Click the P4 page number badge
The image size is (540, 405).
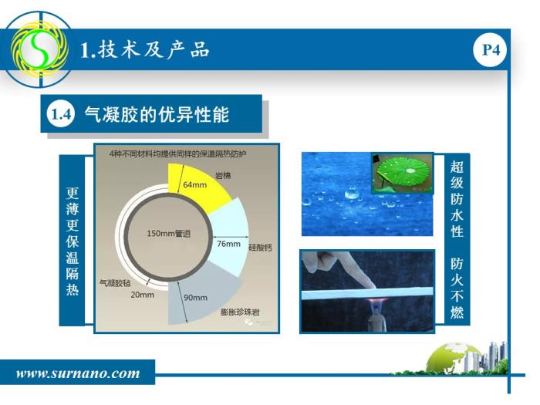click(491, 50)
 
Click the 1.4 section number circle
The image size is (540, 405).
click(61, 114)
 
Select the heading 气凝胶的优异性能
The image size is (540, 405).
click(157, 114)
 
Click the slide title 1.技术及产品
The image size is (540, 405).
click(145, 50)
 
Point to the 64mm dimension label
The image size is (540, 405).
click(195, 184)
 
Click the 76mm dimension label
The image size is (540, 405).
click(228, 244)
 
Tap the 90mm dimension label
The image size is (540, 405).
click(196, 298)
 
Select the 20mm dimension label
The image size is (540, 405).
click(142, 295)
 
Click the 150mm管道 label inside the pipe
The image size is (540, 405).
click(169, 234)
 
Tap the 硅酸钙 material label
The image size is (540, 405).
click(261, 248)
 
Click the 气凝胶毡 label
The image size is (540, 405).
click(115, 283)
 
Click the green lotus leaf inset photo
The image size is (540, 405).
click(402, 173)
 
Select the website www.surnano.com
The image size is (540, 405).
click(78, 373)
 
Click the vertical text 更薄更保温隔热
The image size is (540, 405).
click(73, 241)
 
